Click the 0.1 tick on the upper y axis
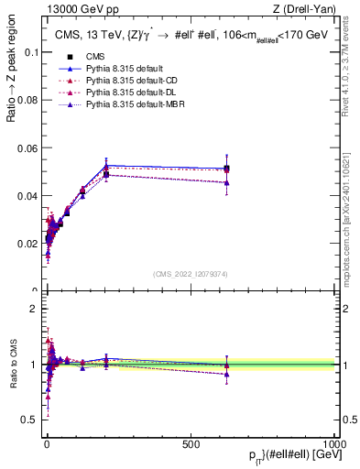click(x=29, y=52)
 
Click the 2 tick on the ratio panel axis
click(x=33, y=309)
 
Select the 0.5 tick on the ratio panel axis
click(x=29, y=420)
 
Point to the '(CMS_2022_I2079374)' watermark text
click(x=191, y=273)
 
